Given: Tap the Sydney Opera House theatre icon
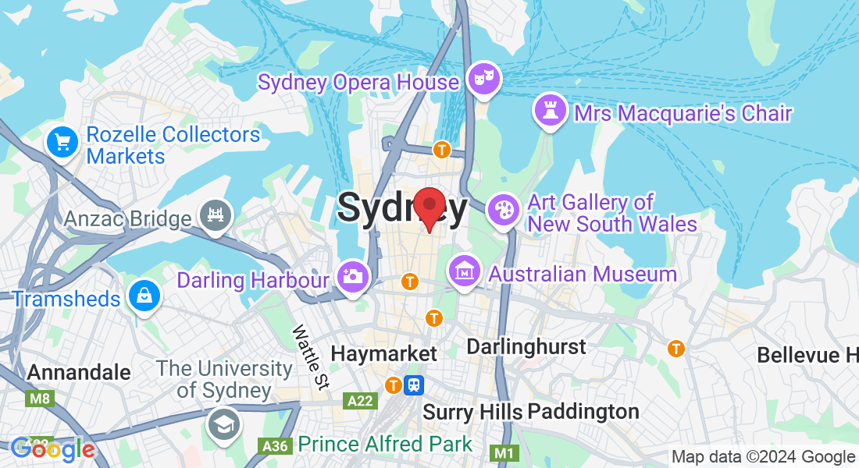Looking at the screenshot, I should (484, 78).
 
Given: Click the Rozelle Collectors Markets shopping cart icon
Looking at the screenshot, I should (63, 142).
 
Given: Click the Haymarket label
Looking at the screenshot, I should (384, 353).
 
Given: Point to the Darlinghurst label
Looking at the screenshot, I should (526, 346).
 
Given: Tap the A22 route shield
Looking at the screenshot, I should (360, 400).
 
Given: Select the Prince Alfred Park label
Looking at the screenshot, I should (385, 445).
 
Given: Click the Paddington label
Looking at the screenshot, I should (583, 411).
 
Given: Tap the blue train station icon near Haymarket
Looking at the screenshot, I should (414, 385).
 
